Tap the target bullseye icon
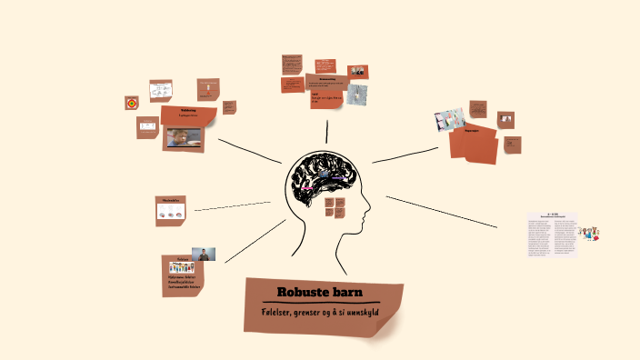click(132, 104)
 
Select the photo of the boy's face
click(182, 137)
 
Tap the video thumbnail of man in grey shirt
click(203, 255)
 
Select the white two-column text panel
click(552, 236)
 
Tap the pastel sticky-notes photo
click(450, 120)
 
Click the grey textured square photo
click(356, 94)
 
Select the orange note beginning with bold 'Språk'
click(325, 97)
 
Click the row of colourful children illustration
click(182, 267)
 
